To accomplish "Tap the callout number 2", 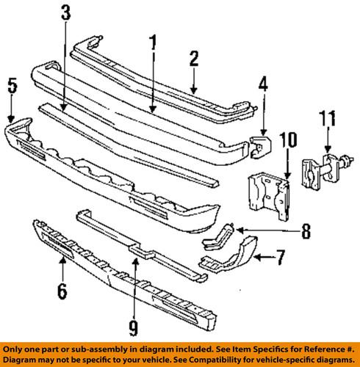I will click(x=194, y=59).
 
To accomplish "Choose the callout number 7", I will click(x=280, y=258).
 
